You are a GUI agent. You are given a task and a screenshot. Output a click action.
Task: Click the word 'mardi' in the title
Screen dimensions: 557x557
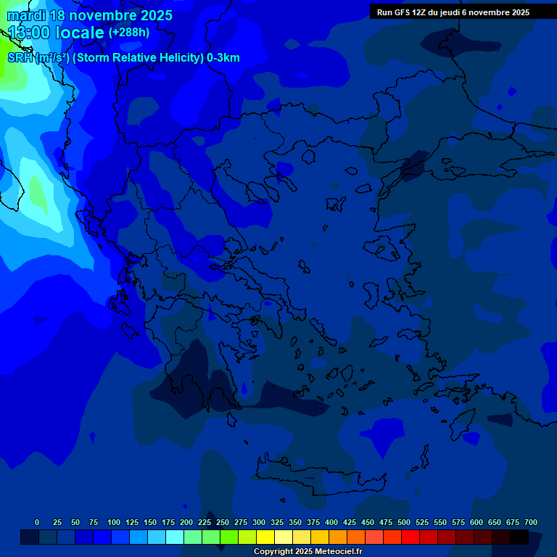[26, 15]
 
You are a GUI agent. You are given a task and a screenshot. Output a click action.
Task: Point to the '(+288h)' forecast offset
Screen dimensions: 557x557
[129, 33]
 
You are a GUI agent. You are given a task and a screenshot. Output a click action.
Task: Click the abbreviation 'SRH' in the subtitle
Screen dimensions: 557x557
[20, 58]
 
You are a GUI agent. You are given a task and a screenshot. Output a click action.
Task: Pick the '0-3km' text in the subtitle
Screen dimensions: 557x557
[223, 58]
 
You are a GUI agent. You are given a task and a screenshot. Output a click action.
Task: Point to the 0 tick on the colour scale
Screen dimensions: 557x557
[37, 522]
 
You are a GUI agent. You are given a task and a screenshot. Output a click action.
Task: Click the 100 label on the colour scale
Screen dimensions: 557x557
[114, 522]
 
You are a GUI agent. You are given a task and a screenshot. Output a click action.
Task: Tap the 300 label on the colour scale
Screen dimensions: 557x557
[259, 522]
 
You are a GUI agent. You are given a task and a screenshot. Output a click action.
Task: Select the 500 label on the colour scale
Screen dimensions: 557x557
[404, 522]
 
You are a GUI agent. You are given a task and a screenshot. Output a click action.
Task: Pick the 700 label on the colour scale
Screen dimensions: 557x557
[531, 522]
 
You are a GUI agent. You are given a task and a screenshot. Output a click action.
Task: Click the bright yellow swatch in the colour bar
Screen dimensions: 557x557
[265, 537]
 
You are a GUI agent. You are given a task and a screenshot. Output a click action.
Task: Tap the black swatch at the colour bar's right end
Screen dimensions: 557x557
[519, 537]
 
